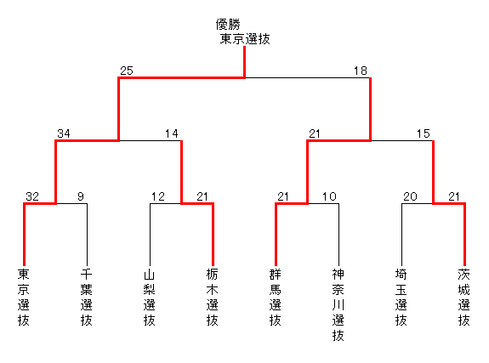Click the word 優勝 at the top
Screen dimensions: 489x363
click(x=228, y=24)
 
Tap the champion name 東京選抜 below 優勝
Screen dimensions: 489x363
click(x=245, y=39)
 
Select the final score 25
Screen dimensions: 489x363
click(x=127, y=71)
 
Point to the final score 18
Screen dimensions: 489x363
click(x=361, y=71)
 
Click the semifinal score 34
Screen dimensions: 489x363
click(x=64, y=133)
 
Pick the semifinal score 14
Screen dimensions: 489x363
click(x=172, y=133)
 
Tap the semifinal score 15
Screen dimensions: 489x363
click(x=424, y=133)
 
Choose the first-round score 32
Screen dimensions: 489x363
click(x=32, y=196)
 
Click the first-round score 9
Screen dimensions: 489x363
click(x=81, y=196)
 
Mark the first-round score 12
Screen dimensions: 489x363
click(x=158, y=196)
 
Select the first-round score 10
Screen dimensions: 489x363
click(x=329, y=196)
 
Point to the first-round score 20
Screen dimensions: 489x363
click(x=410, y=196)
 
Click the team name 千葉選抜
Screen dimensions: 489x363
click(x=87, y=298)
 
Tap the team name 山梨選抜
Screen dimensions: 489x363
click(x=150, y=298)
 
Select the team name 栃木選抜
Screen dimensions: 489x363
click(x=212, y=298)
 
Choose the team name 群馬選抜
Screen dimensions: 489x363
click(x=275, y=298)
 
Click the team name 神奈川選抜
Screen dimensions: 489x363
click(x=338, y=304)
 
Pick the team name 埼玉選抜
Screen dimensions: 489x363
click(x=401, y=298)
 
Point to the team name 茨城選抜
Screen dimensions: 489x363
click(x=464, y=298)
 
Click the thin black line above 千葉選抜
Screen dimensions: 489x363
click(x=87, y=235)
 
